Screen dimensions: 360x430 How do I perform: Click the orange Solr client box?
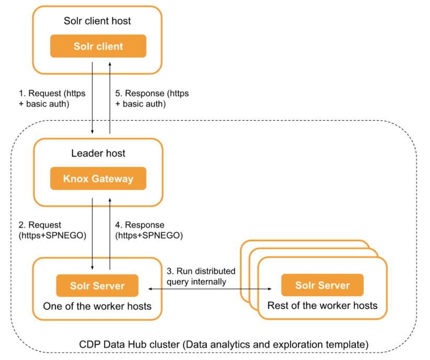(98, 47)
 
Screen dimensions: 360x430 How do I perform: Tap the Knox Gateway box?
(98, 179)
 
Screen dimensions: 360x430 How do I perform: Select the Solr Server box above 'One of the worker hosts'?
(97, 285)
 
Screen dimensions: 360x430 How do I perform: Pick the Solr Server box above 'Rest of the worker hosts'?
(322, 285)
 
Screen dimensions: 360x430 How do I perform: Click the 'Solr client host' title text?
(98, 21)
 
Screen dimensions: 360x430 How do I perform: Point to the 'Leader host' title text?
(98, 154)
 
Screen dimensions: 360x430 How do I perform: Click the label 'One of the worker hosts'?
(97, 306)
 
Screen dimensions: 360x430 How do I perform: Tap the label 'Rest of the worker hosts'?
(322, 306)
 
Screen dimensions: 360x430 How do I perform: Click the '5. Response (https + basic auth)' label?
(152, 98)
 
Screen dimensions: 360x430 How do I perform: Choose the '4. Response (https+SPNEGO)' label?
(148, 230)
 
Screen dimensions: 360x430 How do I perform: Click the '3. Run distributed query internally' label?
(201, 276)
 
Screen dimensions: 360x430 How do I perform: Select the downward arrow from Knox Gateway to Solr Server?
(92, 230)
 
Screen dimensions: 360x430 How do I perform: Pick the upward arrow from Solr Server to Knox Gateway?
(110, 230)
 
